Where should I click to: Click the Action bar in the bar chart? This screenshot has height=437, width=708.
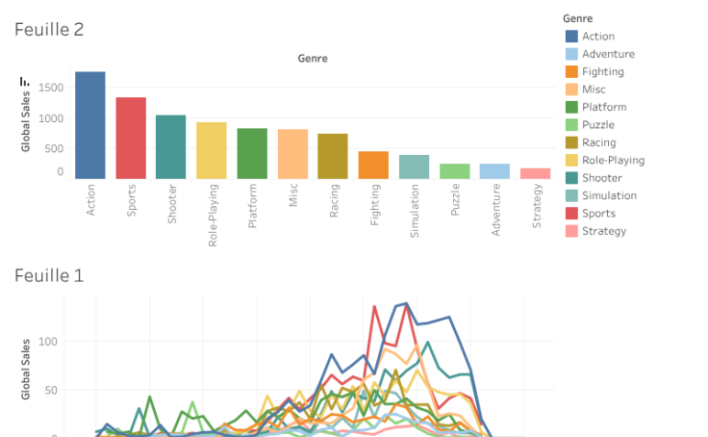click(90, 125)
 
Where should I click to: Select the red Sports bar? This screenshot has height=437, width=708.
click(131, 138)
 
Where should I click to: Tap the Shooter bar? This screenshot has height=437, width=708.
click(171, 146)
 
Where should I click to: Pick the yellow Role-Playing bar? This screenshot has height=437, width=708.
click(212, 150)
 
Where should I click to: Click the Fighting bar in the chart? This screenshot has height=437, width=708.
click(373, 165)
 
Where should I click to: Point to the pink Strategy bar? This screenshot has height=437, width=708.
click(536, 173)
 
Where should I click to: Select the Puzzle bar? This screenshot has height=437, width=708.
click(455, 171)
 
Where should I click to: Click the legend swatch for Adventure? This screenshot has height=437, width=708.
click(571, 54)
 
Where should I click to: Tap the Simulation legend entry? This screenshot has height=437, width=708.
click(609, 195)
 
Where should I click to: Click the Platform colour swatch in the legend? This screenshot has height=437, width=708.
click(571, 107)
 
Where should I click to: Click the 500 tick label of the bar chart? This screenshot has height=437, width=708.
click(54, 148)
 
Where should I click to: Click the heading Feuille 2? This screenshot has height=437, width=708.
click(49, 29)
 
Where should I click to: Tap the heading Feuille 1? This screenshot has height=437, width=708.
click(49, 275)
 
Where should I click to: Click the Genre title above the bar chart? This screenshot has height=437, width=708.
click(313, 59)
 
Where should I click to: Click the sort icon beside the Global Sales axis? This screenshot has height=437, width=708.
click(25, 83)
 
